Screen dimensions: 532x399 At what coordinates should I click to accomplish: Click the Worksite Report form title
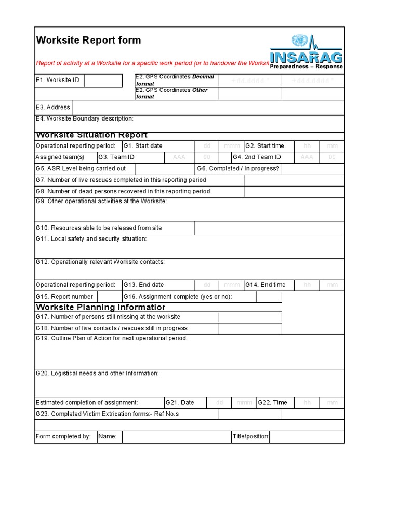point(88,41)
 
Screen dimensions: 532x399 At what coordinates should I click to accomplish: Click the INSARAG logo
point(306,52)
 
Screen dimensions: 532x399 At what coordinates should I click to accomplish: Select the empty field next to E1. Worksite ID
point(103,81)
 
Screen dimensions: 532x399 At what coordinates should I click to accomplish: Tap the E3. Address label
point(52,108)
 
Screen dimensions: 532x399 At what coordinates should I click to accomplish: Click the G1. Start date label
point(143,146)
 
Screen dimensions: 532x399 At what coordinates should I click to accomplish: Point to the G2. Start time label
point(264,146)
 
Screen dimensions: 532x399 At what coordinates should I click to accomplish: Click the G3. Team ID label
point(117,157)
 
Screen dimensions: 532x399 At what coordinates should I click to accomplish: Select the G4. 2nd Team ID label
point(257,157)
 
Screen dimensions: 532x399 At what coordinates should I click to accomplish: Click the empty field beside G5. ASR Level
point(164,169)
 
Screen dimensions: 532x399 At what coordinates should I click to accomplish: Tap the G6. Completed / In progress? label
point(238,169)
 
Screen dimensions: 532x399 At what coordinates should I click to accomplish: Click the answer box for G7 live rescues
point(294,180)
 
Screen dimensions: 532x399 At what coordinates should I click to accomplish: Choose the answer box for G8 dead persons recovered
point(294,192)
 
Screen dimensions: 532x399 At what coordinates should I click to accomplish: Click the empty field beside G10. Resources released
point(269,228)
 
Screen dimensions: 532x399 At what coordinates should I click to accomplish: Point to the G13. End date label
point(144,285)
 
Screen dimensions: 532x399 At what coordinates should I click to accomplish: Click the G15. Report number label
point(64,297)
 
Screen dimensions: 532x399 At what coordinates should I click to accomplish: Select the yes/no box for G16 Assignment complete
point(269,297)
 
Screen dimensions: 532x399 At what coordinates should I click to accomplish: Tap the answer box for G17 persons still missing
point(250,317)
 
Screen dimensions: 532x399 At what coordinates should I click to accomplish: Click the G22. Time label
point(272,403)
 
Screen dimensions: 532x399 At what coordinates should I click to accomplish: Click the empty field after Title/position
point(307,437)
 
